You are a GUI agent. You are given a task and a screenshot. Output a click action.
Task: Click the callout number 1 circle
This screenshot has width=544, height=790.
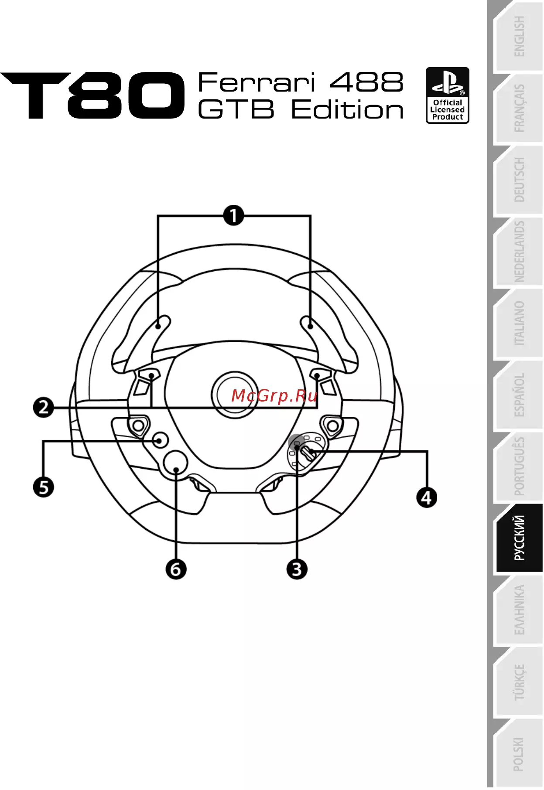pos(234,215)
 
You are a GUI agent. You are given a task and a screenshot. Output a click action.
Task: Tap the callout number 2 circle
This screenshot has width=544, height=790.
pos(44,408)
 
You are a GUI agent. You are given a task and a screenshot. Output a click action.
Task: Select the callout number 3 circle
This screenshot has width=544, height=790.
pos(297,569)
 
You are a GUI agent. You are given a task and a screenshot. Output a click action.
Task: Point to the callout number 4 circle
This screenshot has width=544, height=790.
pos(427,497)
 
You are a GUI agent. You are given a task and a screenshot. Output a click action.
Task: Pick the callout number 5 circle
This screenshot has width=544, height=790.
pos(44,487)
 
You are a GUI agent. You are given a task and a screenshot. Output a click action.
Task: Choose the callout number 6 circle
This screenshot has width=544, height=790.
pos(176,569)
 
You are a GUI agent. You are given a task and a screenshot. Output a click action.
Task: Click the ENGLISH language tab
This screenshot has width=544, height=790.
pos(518,37)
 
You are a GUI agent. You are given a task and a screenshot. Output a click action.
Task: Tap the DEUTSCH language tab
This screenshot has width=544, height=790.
pos(518,180)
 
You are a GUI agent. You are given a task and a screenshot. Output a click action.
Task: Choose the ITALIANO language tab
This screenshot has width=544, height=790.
pos(518,323)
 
